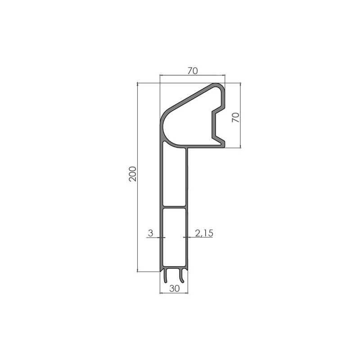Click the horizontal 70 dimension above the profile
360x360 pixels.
(192, 70)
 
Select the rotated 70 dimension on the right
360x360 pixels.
(234, 118)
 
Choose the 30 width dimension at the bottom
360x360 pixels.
(174, 288)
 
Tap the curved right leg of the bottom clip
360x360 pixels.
(183, 275)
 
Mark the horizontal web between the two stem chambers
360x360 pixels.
(174, 207)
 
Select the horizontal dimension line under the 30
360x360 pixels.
(174, 293)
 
